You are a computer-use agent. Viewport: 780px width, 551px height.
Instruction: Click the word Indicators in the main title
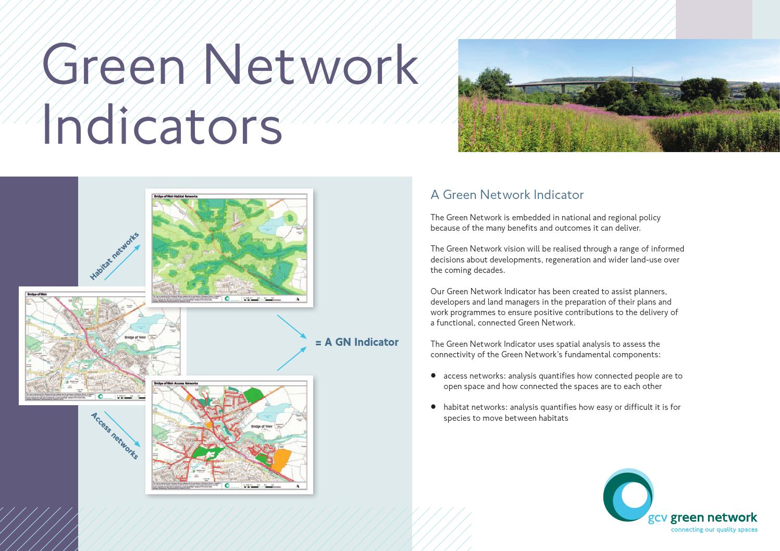[162, 126]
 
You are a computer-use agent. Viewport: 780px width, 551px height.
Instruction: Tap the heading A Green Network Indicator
[506, 195]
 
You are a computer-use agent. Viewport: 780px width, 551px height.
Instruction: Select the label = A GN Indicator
[357, 342]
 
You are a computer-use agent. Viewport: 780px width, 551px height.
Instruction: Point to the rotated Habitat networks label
[114, 256]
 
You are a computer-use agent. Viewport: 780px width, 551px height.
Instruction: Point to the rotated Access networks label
[115, 435]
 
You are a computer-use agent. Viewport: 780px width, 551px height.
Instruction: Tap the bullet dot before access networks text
[433, 375]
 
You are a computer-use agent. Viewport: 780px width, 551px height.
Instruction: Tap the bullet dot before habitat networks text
[433, 406]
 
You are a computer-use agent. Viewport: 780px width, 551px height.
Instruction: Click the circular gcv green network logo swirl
[628, 495]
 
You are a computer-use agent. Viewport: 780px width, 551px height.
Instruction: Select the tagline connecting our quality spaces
[714, 530]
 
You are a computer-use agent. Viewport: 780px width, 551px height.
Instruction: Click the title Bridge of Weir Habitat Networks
[176, 197]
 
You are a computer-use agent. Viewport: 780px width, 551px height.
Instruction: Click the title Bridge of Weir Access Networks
[176, 383]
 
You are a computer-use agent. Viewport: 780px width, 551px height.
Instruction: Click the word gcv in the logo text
[658, 518]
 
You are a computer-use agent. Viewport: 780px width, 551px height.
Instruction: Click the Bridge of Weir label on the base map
[135, 337]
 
